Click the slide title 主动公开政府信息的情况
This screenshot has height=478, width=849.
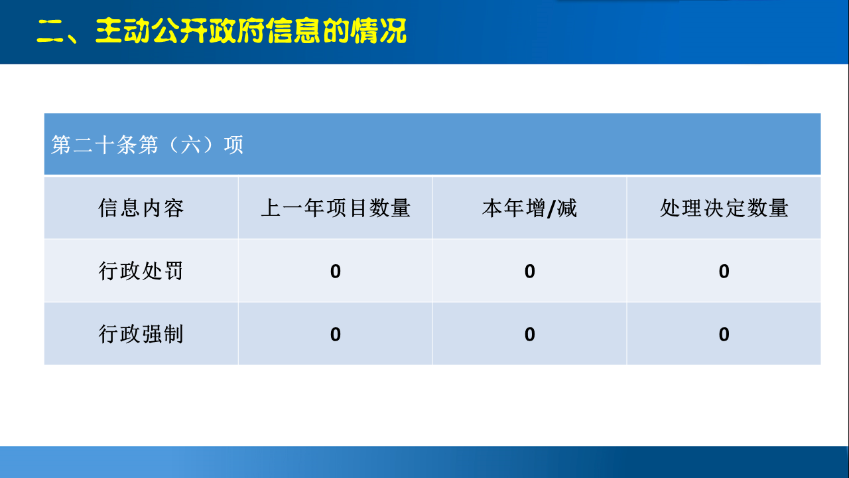click(251, 31)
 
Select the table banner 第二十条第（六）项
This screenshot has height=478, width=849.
click(147, 145)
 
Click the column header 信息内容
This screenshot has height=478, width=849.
click(141, 208)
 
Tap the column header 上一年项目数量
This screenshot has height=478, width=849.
click(336, 208)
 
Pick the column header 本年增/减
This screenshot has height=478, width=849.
click(529, 208)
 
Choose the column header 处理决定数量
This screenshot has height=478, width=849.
click(724, 208)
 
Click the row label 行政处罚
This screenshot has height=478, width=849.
click(141, 271)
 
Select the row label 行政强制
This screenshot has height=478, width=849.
click(141, 334)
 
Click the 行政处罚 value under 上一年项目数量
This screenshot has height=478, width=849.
click(336, 272)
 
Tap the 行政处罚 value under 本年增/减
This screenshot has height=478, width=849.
click(529, 272)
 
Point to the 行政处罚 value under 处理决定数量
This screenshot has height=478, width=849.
click(724, 272)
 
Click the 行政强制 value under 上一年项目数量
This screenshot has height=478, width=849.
click(336, 334)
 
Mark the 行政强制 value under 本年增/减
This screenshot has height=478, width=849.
click(529, 334)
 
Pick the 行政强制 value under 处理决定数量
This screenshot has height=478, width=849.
click(724, 334)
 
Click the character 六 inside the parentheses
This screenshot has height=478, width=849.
click(190, 145)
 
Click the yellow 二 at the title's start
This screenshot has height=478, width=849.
click(50, 31)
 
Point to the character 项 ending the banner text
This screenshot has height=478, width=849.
click(233, 145)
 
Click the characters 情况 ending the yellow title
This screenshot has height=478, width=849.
click(379, 31)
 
